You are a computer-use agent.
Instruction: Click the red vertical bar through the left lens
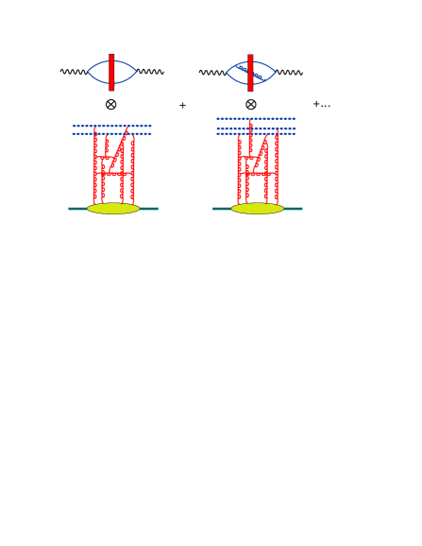tap(111, 72)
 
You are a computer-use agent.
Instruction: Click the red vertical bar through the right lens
tap(250, 72)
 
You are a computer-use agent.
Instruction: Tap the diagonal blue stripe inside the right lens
tap(255, 73)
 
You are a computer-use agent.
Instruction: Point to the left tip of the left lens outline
tap(88, 72)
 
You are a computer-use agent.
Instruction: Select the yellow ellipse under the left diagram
tap(113, 209)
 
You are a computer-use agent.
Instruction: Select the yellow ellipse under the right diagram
tap(257, 209)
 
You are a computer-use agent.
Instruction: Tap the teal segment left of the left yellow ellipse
tap(77, 208)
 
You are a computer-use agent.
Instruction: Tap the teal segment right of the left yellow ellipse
tap(148, 208)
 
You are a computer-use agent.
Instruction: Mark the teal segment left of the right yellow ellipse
tap(222, 208)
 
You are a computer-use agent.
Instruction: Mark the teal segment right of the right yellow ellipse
tap(293, 208)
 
